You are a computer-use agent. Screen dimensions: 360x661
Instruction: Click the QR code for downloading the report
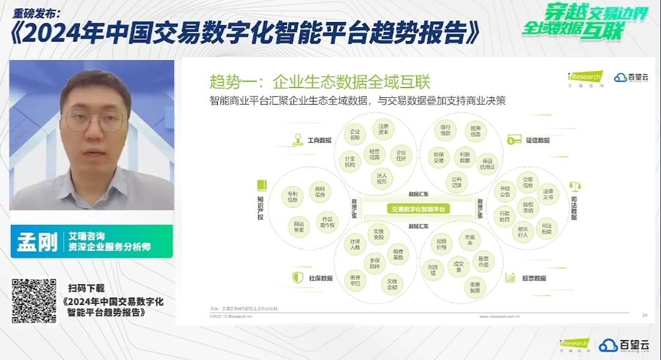pyautogui.click(x=34, y=301)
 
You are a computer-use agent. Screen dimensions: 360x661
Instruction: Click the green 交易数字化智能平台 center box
pyautogui.click(x=419, y=209)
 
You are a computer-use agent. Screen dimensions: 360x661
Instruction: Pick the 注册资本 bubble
pyautogui.click(x=383, y=129)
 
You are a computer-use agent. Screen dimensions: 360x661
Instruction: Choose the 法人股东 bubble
pyautogui.click(x=382, y=178)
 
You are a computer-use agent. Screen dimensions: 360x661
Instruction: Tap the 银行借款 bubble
pyautogui.click(x=445, y=130)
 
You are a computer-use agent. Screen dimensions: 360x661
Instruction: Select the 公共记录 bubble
pyautogui.click(x=457, y=181)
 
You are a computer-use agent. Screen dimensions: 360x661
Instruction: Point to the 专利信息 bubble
pyautogui.click(x=293, y=197)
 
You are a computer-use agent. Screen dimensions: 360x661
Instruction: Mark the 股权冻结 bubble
pyautogui.click(x=528, y=207)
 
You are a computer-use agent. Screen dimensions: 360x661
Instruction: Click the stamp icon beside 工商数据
pyautogui.click(x=297, y=140)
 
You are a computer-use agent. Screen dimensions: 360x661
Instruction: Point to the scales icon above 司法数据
pyautogui.click(x=575, y=186)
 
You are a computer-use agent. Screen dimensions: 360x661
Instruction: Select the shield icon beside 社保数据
pyautogui.click(x=297, y=277)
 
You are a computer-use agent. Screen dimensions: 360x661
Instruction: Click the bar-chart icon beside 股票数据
pyautogui.click(x=510, y=277)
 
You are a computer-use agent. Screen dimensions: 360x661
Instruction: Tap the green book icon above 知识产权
pyautogui.click(x=262, y=185)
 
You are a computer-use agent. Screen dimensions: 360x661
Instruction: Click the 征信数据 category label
pyautogui.click(x=537, y=140)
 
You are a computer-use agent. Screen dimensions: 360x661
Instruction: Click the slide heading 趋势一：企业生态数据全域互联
pyautogui.click(x=320, y=81)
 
